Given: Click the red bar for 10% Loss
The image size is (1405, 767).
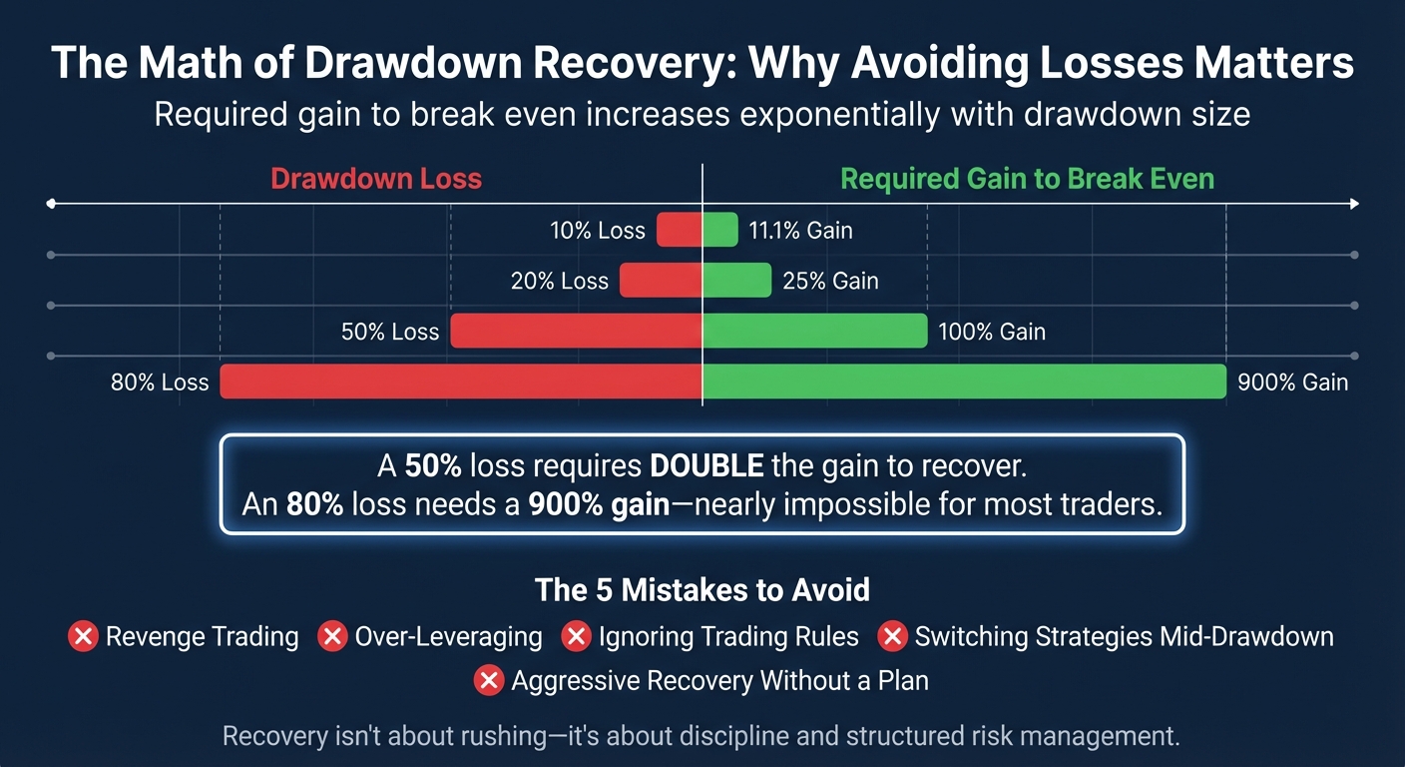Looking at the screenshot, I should [680, 231].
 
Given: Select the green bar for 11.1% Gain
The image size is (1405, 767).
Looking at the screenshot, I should [720, 231].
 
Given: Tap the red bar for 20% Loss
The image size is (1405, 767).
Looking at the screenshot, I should [661, 281].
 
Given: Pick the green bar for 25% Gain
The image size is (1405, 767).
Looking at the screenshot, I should [737, 281].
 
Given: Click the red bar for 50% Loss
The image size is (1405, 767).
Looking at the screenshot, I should [577, 332].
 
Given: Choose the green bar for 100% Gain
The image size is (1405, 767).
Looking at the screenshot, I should [815, 332].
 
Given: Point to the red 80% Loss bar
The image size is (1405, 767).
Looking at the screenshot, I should [461, 382].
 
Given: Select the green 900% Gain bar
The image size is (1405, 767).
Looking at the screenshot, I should [964, 382].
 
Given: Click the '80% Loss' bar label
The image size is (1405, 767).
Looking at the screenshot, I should [160, 383].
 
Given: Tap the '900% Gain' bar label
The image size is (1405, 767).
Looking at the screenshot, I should [1292, 383].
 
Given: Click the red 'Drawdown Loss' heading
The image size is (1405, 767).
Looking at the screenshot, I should [376, 180].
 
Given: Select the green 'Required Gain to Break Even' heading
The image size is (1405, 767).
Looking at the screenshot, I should [1027, 180].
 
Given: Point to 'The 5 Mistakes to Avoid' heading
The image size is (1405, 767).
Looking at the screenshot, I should [702, 589].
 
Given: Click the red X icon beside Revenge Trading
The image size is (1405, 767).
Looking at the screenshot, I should [83, 636].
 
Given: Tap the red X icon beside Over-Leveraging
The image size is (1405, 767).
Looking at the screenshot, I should [332, 636].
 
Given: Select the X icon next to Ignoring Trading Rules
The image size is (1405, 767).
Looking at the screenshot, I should [576, 636].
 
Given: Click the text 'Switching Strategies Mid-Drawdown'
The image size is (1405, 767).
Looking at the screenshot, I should [1124, 636].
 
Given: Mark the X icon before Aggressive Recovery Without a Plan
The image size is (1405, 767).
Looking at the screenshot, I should [488, 681].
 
